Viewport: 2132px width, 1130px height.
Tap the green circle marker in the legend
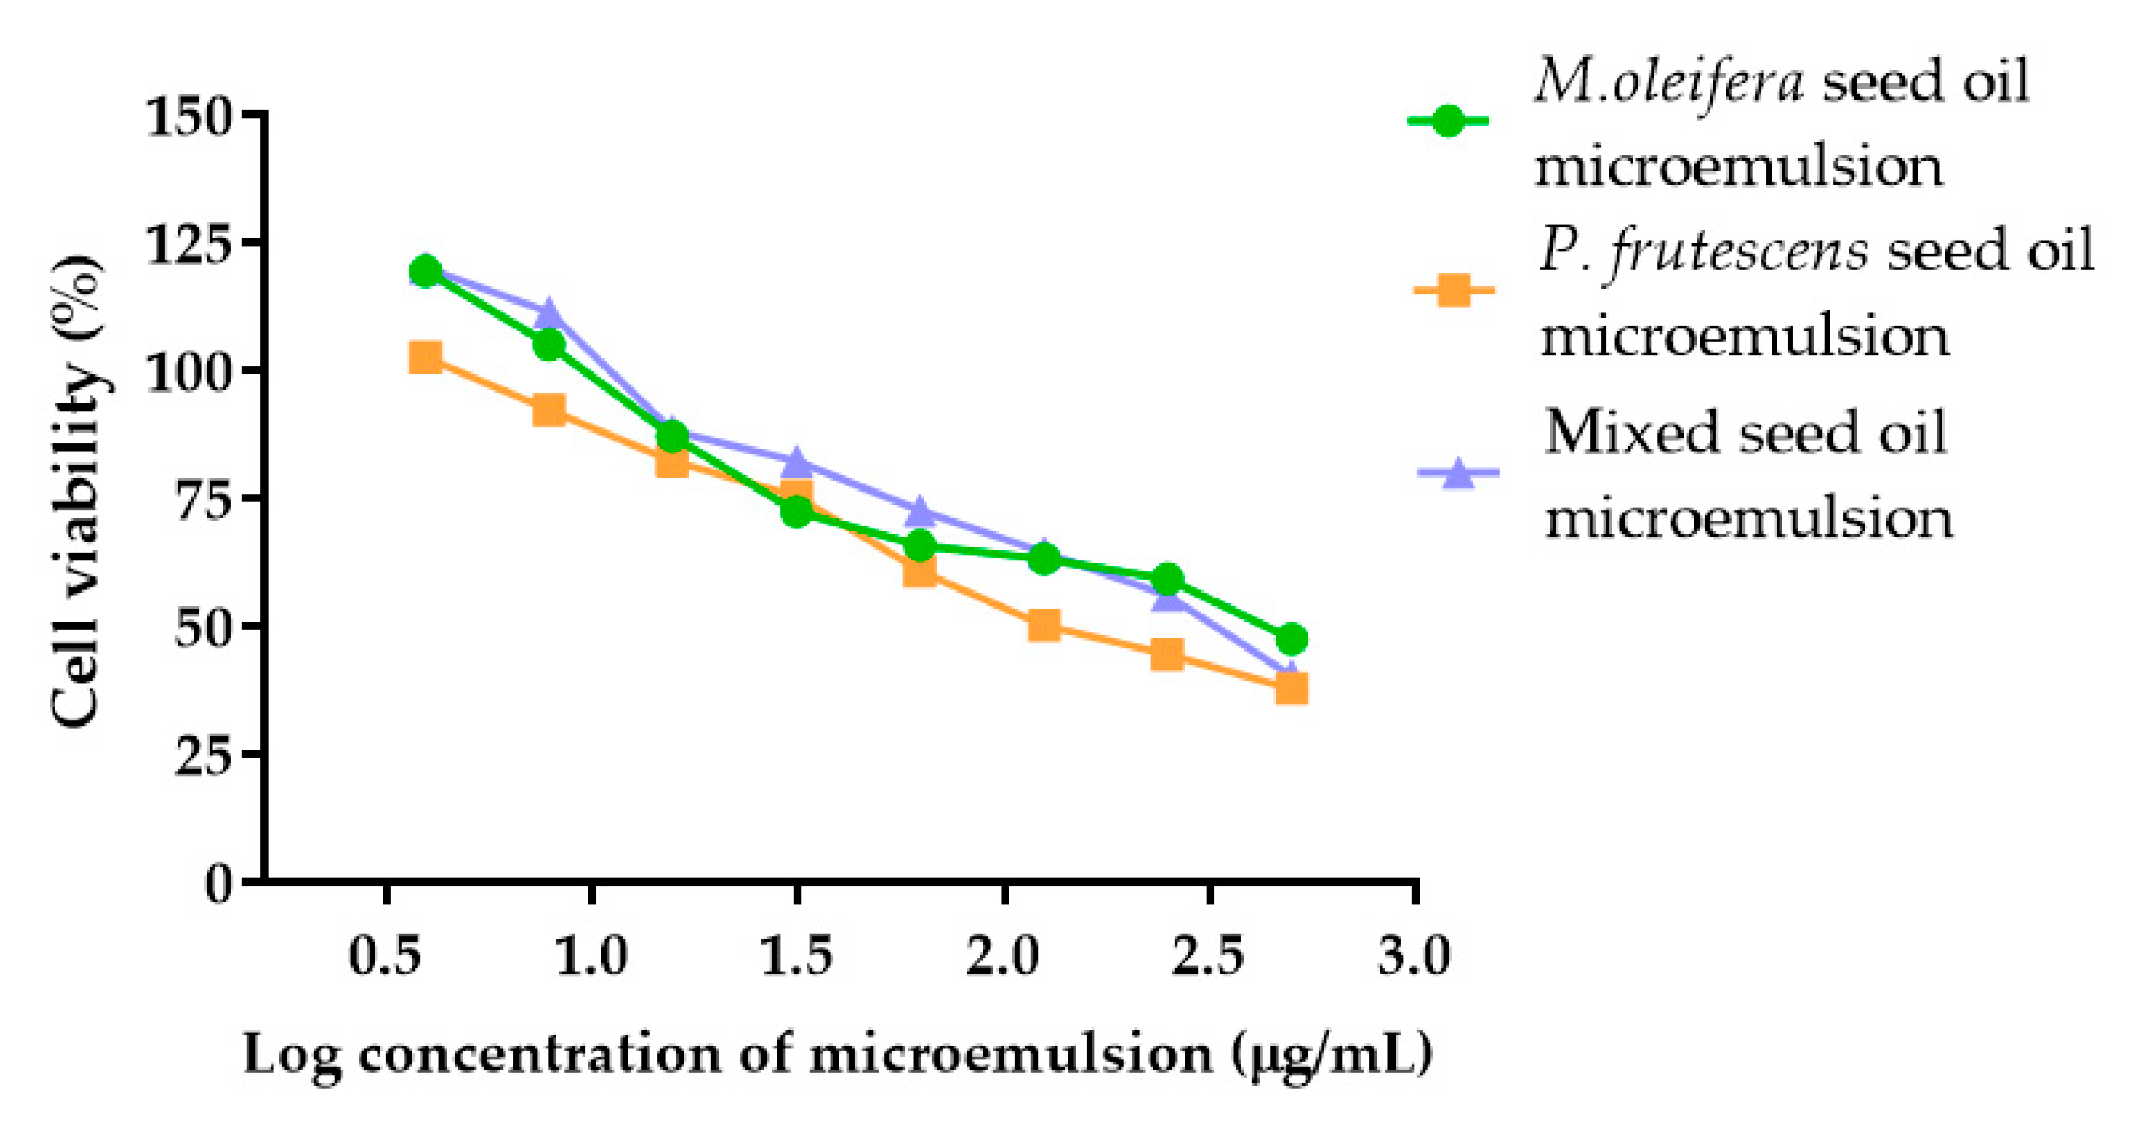coord(1448,122)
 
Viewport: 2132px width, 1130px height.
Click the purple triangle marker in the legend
coord(1458,475)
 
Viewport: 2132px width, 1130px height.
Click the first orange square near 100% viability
coord(425,358)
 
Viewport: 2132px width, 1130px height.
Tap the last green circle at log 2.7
coord(1291,639)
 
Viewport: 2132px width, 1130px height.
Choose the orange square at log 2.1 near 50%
coord(1045,625)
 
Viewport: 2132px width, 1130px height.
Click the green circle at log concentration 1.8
coord(921,546)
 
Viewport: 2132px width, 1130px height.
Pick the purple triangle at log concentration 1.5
coord(796,460)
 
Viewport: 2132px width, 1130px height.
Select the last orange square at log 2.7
coord(1291,688)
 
